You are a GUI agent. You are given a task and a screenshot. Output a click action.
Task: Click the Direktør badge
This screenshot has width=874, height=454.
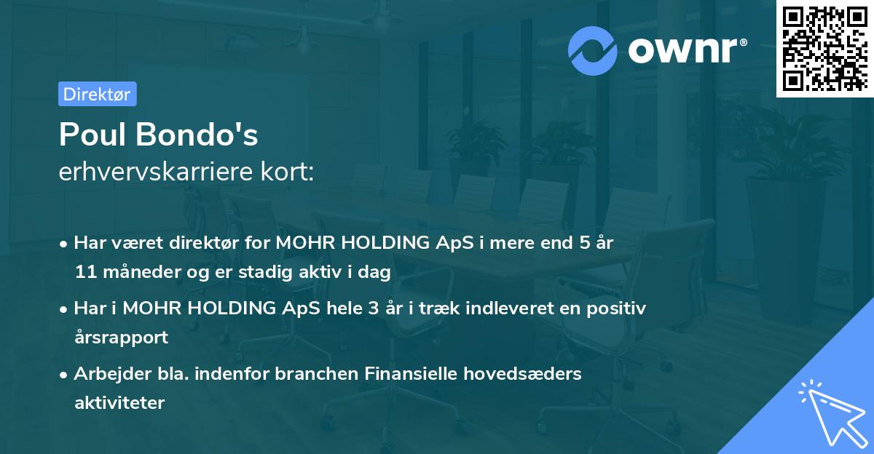click(97, 94)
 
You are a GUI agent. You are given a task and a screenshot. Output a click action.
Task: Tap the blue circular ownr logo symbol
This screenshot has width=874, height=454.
click(593, 50)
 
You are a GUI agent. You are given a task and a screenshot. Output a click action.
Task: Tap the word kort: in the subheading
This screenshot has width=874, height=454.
click(291, 172)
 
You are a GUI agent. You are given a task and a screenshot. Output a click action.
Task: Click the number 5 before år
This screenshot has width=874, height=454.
click(585, 243)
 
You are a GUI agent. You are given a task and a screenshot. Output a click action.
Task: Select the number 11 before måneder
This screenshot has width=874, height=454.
click(84, 272)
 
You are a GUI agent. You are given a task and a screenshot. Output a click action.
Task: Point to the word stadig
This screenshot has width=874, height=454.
click(271, 272)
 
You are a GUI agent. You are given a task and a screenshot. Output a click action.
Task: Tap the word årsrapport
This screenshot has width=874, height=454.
click(121, 337)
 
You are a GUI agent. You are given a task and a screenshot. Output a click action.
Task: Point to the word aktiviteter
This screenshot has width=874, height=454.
click(119, 402)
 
